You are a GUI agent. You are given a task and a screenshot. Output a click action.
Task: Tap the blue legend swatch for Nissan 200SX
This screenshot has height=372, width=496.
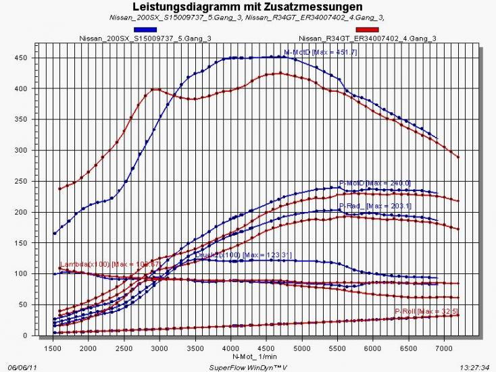[145, 30]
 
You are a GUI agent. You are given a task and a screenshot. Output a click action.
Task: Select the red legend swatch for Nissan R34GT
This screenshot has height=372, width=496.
[367, 30]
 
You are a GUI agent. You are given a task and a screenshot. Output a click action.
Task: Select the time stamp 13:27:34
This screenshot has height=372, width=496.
[474, 367]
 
